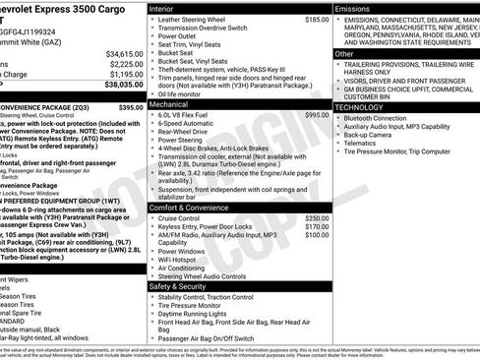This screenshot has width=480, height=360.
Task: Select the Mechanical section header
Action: (171, 103)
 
